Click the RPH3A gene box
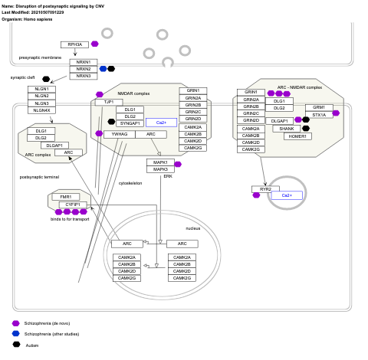(x=75, y=44)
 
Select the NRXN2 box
(x=84, y=69)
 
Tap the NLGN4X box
(x=42, y=110)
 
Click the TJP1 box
(x=108, y=102)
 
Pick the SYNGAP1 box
(x=130, y=123)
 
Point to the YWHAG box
(x=120, y=134)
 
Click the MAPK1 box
(x=160, y=162)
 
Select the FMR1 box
(x=65, y=197)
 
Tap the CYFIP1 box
(x=72, y=205)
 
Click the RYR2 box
(x=265, y=189)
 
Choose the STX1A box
(x=318, y=115)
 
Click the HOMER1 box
(x=297, y=136)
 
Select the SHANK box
(x=287, y=129)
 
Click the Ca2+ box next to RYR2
(x=287, y=195)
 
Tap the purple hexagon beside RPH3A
(x=94, y=44)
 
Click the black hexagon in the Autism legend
(x=16, y=345)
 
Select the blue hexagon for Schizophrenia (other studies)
(x=16, y=334)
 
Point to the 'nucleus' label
(x=193, y=228)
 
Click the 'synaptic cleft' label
(x=23, y=77)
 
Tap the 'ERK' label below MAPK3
(x=167, y=176)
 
